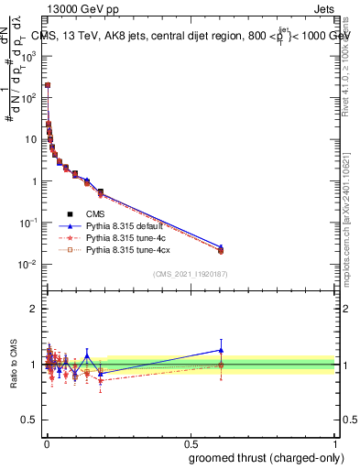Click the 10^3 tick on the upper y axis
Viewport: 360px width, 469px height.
coord(28,55)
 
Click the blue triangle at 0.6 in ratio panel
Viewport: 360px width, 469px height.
coord(221,350)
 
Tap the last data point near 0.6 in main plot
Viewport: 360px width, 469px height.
coord(221,249)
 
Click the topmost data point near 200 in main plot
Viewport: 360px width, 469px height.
coord(48,85)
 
